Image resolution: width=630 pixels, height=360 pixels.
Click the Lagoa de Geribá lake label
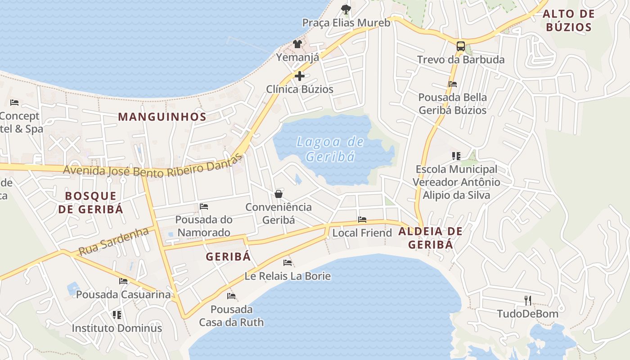pos(330,149)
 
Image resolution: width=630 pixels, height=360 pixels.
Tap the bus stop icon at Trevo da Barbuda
pos(460,46)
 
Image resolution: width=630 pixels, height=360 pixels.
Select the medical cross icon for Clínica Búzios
pos(299,76)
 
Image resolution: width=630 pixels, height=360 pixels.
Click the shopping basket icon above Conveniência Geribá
pos(279,194)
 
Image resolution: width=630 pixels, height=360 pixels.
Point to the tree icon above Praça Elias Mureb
pos(346,9)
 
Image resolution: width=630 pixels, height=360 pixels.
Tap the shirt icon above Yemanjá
pos(297,44)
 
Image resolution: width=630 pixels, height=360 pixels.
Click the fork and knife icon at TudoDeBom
pos(528,300)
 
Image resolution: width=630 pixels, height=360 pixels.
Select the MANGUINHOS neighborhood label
pos(162,117)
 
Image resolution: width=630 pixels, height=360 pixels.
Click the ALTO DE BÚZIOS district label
pos(568,21)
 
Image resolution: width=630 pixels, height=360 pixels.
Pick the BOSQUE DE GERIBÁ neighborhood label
pos(94,202)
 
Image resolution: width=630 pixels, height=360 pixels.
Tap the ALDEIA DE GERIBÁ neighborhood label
pos(430,238)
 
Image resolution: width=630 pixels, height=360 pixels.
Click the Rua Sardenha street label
pos(113,242)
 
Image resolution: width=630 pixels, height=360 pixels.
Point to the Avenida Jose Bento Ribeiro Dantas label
pos(153,168)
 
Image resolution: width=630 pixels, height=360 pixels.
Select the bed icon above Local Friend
pos(362,220)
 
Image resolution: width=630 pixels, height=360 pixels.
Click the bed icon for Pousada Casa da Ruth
pos(231,296)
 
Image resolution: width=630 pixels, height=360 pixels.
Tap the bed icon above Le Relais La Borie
pos(288,262)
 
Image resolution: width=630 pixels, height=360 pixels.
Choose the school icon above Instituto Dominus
pos(117,315)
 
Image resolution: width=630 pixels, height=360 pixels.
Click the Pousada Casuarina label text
pos(123,295)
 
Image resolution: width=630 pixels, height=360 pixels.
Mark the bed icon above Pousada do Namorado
pos(204,207)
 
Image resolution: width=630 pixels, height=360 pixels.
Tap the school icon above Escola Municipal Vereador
pos(456,156)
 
